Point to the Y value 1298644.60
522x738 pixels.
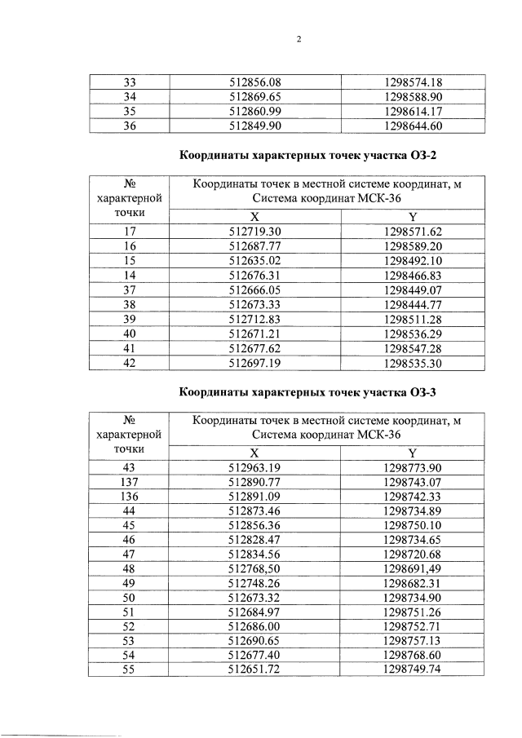pyautogui.click(x=412, y=126)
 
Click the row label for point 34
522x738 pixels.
pyautogui.click(x=128, y=96)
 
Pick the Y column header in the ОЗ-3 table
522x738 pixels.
pyautogui.click(x=412, y=453)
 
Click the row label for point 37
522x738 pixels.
pyautogui.click(x=128, y=290)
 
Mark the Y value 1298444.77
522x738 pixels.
pyautogui.click(x=412, y=305)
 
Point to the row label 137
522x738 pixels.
pyautogui.click(x=128, y=482)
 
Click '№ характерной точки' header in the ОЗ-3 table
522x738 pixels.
pyautogui.click(x=128, y=435)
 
